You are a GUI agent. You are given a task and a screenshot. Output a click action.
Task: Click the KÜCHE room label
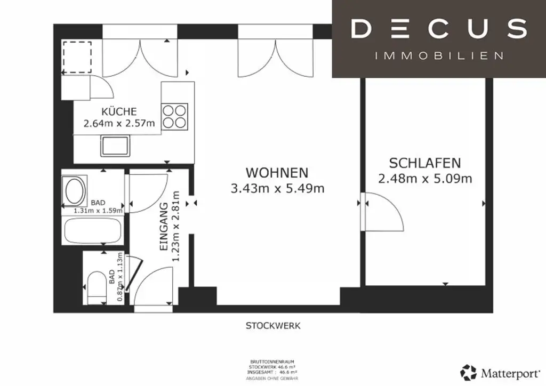pos(119,111)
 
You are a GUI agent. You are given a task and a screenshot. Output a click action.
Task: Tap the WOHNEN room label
pos(277,173)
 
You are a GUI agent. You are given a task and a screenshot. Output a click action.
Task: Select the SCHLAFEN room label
pos(424,163)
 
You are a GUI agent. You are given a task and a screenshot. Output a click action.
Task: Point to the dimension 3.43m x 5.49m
pos(277,188)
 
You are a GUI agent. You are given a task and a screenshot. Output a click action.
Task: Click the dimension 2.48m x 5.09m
pos(424,179)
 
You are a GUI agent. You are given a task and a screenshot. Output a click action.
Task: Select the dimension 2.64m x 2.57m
pos(119,123)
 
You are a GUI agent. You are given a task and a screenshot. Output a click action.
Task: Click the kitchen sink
pos(115,146)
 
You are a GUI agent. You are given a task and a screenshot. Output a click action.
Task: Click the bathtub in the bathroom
pos(93,230)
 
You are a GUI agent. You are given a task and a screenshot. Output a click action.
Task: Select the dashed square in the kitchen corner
pos(77,57)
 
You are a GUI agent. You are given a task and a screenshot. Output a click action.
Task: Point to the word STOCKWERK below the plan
pos(273,326)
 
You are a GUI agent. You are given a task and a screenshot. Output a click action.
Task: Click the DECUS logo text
pos(438,29)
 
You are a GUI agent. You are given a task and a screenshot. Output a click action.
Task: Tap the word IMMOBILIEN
pos(439,55)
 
